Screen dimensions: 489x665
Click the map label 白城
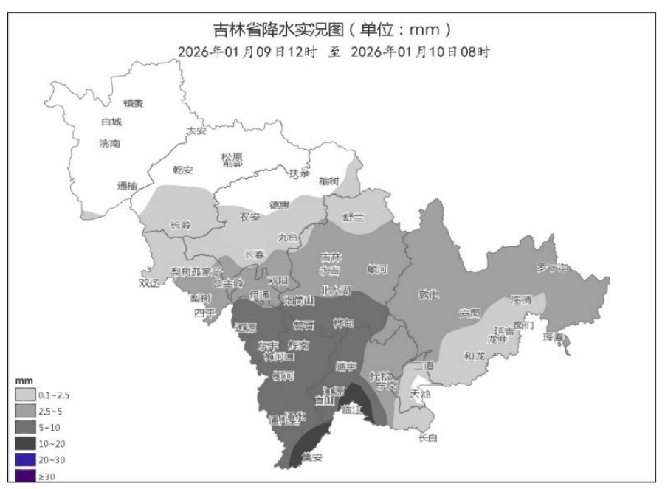(x=111, y=122)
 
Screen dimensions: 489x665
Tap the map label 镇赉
(x=134, y=103)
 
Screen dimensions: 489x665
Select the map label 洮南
(x=109, y=143)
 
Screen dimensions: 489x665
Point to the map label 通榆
(x=127, y=185)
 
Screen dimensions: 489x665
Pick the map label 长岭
(x=180, y=224)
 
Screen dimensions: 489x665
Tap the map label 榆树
(x=329, y=181)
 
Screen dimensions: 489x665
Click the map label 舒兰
(x=354, y=216)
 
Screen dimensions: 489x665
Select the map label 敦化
(x=429, y=294)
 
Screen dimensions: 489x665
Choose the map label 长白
(x=427, y=438)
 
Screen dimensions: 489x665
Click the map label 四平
(x=204, y=313)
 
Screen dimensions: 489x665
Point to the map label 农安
(x=250, y=217)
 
